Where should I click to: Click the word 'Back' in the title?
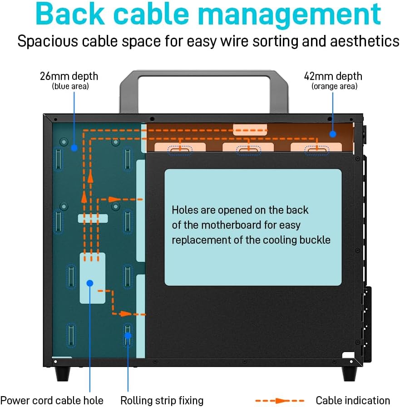pyautogui.click(x=70, y=14)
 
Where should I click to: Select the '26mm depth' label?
pyautogui.click(x=69, y=76)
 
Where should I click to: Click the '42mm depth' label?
pyautogui.click(x=333, y=76)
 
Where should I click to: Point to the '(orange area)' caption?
pyautogui.click(x=335, y=86)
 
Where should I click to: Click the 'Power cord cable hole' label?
pyautogui.click(x=52, y=401)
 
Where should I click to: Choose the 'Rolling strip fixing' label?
pyautogui.click(x=162, y=401)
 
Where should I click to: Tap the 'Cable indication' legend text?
pyautogui.click(x=353, y=401)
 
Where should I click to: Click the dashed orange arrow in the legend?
pyautogui.click(x=280, y=401)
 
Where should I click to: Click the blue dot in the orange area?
pyautogui.click(x=333, y=134)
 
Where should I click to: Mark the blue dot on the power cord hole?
pyautogui.click(x=90, y=283)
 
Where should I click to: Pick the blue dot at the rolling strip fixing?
pyautogui.click(x=128, y=336)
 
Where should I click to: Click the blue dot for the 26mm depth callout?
pyautogui.click(x=74, y=148)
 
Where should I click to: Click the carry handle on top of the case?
pyautogui.click(x=204, y=73)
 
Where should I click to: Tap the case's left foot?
pyautogui.click(x=63, y=374)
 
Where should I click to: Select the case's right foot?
pyautogui.click(x=350, y=374)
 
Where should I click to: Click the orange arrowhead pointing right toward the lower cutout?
pyautogui.click(x=126, y=314)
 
